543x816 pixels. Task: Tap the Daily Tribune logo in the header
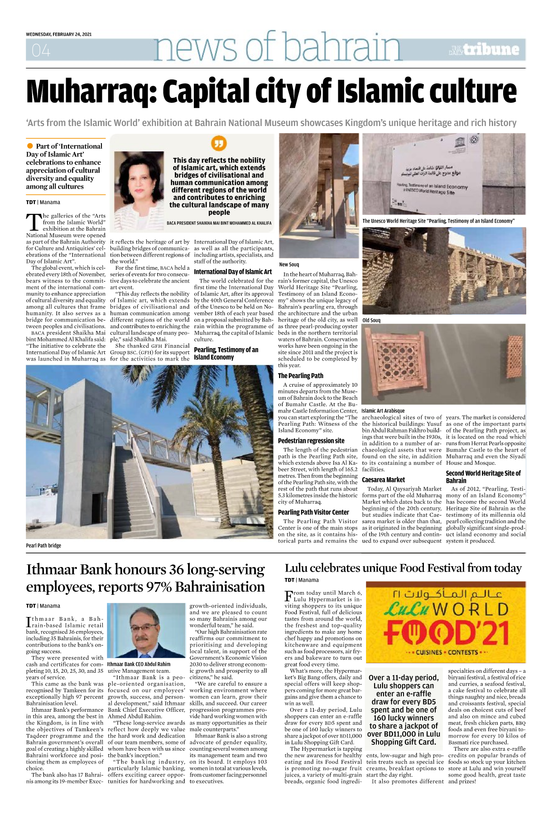click(x=484, y=49)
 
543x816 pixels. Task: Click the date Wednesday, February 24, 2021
click(x=59, y=34)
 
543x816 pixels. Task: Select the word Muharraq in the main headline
click(x=91, y=91)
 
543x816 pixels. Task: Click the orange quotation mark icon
click(x=219, y=144)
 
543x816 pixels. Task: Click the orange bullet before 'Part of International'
click(x=30, y=146)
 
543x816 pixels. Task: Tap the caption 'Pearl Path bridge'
click(x=43, y=545)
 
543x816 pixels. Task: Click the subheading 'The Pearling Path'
click(x=300, y=375)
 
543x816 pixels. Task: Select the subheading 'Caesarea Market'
click(x=383, y=479)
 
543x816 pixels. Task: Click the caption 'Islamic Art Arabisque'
click(x=383, y=410)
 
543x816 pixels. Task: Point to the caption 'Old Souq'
click(x=371, y=320)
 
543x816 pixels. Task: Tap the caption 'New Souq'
click(x=289, y=264)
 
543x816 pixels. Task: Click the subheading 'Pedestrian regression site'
click(x=311, y=440)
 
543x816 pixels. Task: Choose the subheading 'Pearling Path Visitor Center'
click(x=313, y=512)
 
